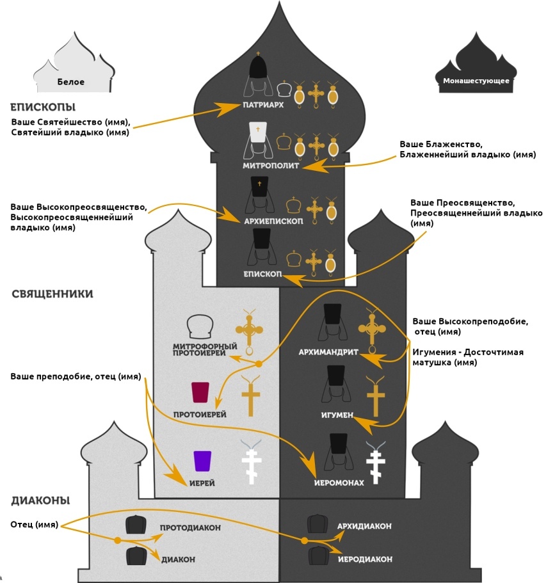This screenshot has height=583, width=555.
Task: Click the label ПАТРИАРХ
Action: pyautogui.click(x=263, y=105)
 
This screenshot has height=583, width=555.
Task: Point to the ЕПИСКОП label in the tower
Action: pyautogui.click(x=262, y=273)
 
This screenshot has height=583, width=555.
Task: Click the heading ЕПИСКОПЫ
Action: pyautogui.click(x=43, y=106)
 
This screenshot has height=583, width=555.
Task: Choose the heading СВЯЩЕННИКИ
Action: pyautogui.click(x=52, y=294)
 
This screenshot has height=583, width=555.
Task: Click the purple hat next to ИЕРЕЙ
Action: pyautogui.click(x=203, y=461)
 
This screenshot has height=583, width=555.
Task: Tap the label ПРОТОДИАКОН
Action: pyautogui.click(x=190, y=528)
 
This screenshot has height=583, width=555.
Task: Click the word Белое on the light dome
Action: pyautogui.click(x=70, y=82)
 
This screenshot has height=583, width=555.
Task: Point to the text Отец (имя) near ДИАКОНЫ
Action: pyautogui.click(x=34, y=525)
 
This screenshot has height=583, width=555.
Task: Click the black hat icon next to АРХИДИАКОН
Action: pyautogui.click(x=318, y=523)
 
